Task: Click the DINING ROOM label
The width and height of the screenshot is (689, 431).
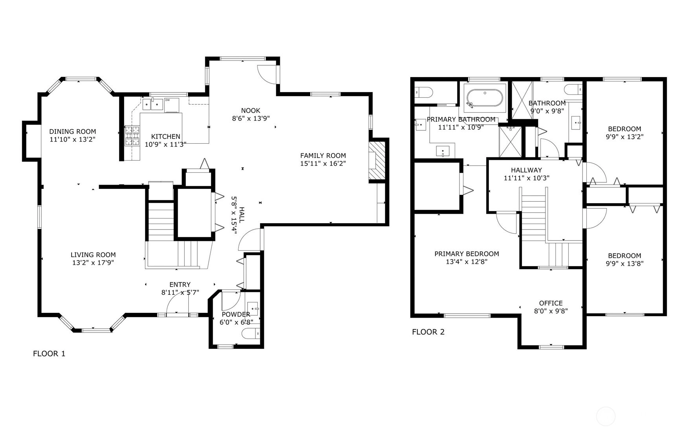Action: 73,131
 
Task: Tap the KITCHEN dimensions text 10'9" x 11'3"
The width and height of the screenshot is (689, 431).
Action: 165,144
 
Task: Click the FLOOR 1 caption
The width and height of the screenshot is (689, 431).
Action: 49,353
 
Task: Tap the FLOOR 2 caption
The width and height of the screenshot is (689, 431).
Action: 428,332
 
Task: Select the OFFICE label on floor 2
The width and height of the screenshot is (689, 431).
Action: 551,303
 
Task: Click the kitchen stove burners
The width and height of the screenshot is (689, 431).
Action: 132,135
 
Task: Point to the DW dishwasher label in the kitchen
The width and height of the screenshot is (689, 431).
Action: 167,100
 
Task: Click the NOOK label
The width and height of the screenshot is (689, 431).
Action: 251,111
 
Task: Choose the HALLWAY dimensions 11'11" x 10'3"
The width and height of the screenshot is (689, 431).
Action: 526,178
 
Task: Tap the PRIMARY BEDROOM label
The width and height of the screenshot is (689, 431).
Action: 467,254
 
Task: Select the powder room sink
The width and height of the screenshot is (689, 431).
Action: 253,309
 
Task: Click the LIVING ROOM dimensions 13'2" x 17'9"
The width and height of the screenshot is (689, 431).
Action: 93,263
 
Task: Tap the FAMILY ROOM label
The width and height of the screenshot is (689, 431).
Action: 323,155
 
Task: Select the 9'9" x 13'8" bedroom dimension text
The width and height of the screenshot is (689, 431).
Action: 624,264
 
